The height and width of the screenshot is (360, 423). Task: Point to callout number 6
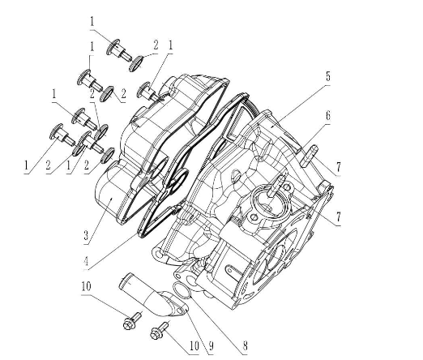pyautogui.click(x=328, y=116)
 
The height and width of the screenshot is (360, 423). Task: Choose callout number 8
pyautogui.click(x=244, y=347)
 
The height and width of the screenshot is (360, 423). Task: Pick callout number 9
pyautogui.click(x=210, y=346)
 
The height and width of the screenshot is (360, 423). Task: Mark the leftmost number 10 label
pyautogui.click(x=86, y=286)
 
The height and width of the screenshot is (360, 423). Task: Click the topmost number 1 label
pyautogui.click(x=92, y=19)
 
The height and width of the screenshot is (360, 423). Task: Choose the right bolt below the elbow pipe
pyautogui.click(x=160, y=330)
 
